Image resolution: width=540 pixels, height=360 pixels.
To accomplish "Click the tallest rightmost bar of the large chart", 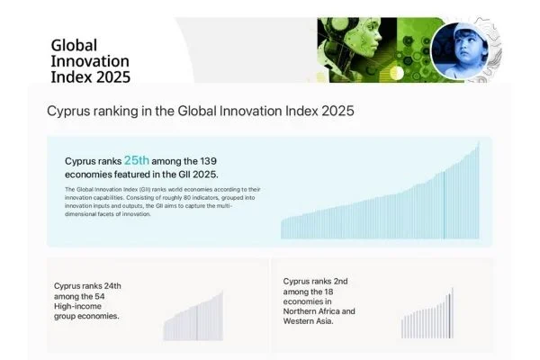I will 478,190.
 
